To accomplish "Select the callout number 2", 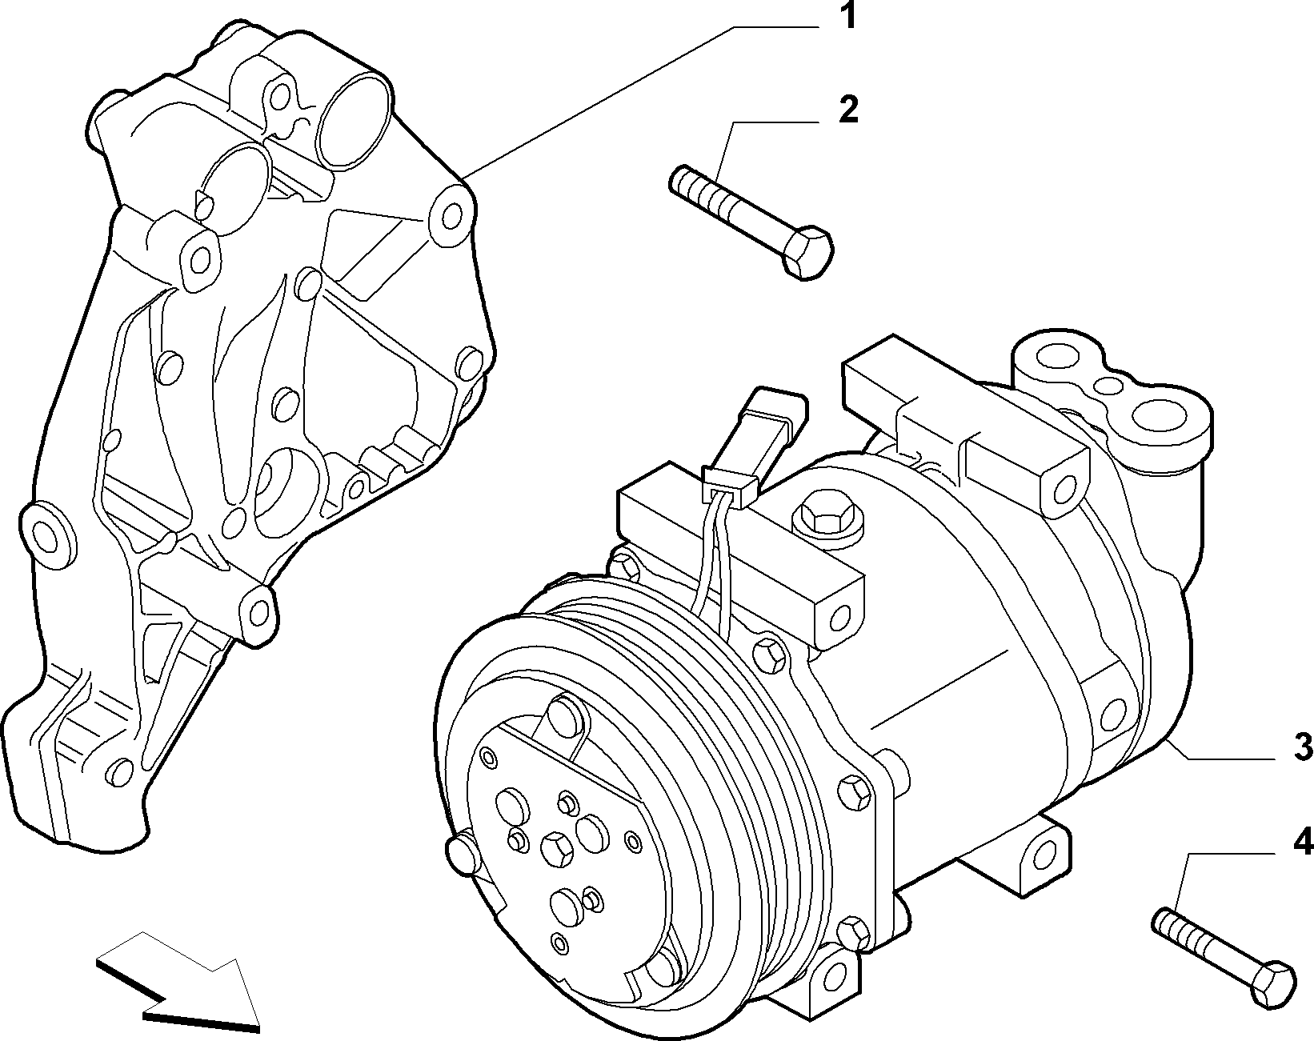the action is (847, 110).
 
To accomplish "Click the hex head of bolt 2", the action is (807, 253).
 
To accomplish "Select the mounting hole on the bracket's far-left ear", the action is (46, 535).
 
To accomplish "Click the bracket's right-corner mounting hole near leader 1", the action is (452, 215).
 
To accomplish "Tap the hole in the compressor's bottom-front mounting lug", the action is (833, 988).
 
